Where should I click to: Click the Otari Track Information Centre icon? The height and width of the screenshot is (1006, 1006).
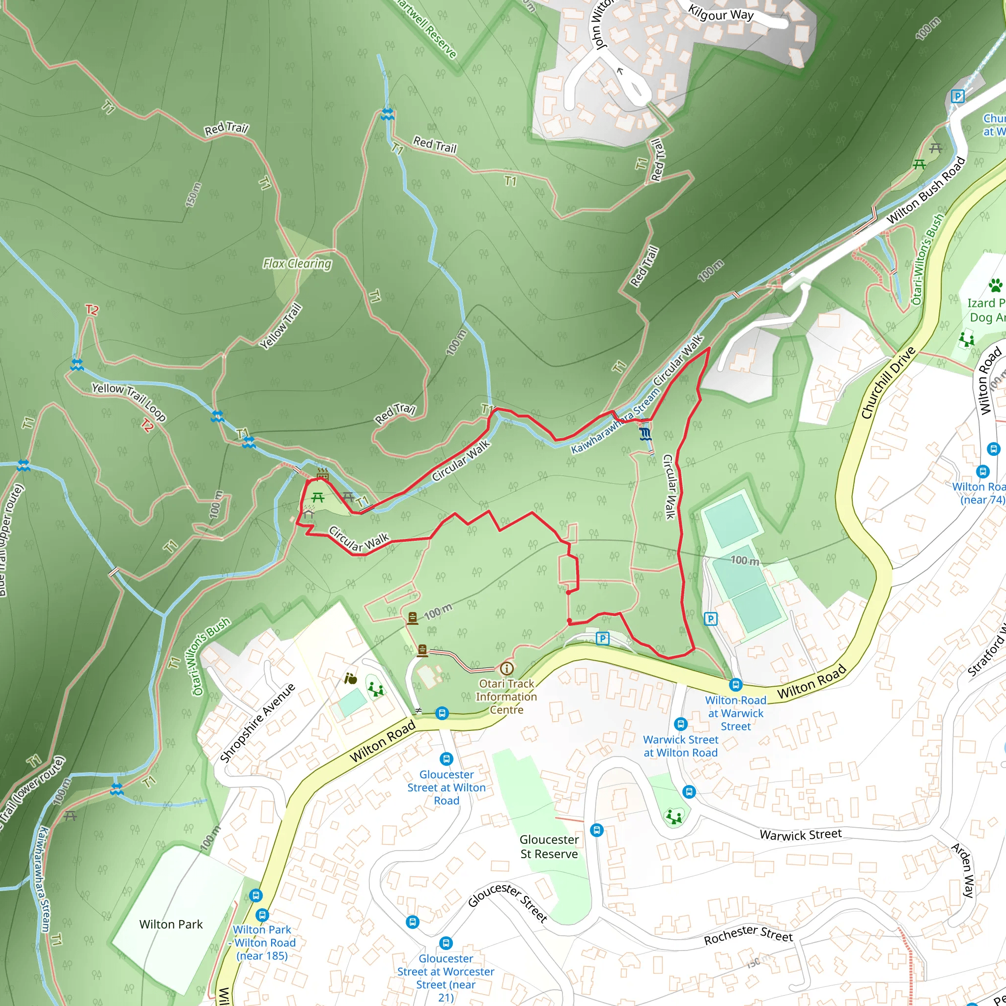(506, 668)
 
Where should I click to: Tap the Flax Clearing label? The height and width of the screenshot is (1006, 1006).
(297, 263)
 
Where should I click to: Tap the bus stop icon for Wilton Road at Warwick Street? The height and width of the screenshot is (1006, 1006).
(735, 684)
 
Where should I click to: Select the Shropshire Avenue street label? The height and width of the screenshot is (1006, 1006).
(257, 723)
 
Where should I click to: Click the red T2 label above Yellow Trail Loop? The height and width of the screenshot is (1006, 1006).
(92, 310)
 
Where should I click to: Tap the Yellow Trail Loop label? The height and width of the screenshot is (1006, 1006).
(129, 401)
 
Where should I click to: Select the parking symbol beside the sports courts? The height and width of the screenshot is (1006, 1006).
(710, 619)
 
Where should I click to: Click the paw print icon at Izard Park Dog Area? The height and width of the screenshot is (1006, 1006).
(995, 285)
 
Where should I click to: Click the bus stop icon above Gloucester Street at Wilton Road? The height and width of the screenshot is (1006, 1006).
(446, 758)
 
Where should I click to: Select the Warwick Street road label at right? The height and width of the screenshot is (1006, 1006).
(800, 835)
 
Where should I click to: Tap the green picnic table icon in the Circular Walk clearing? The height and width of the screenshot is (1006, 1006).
(318, 498)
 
